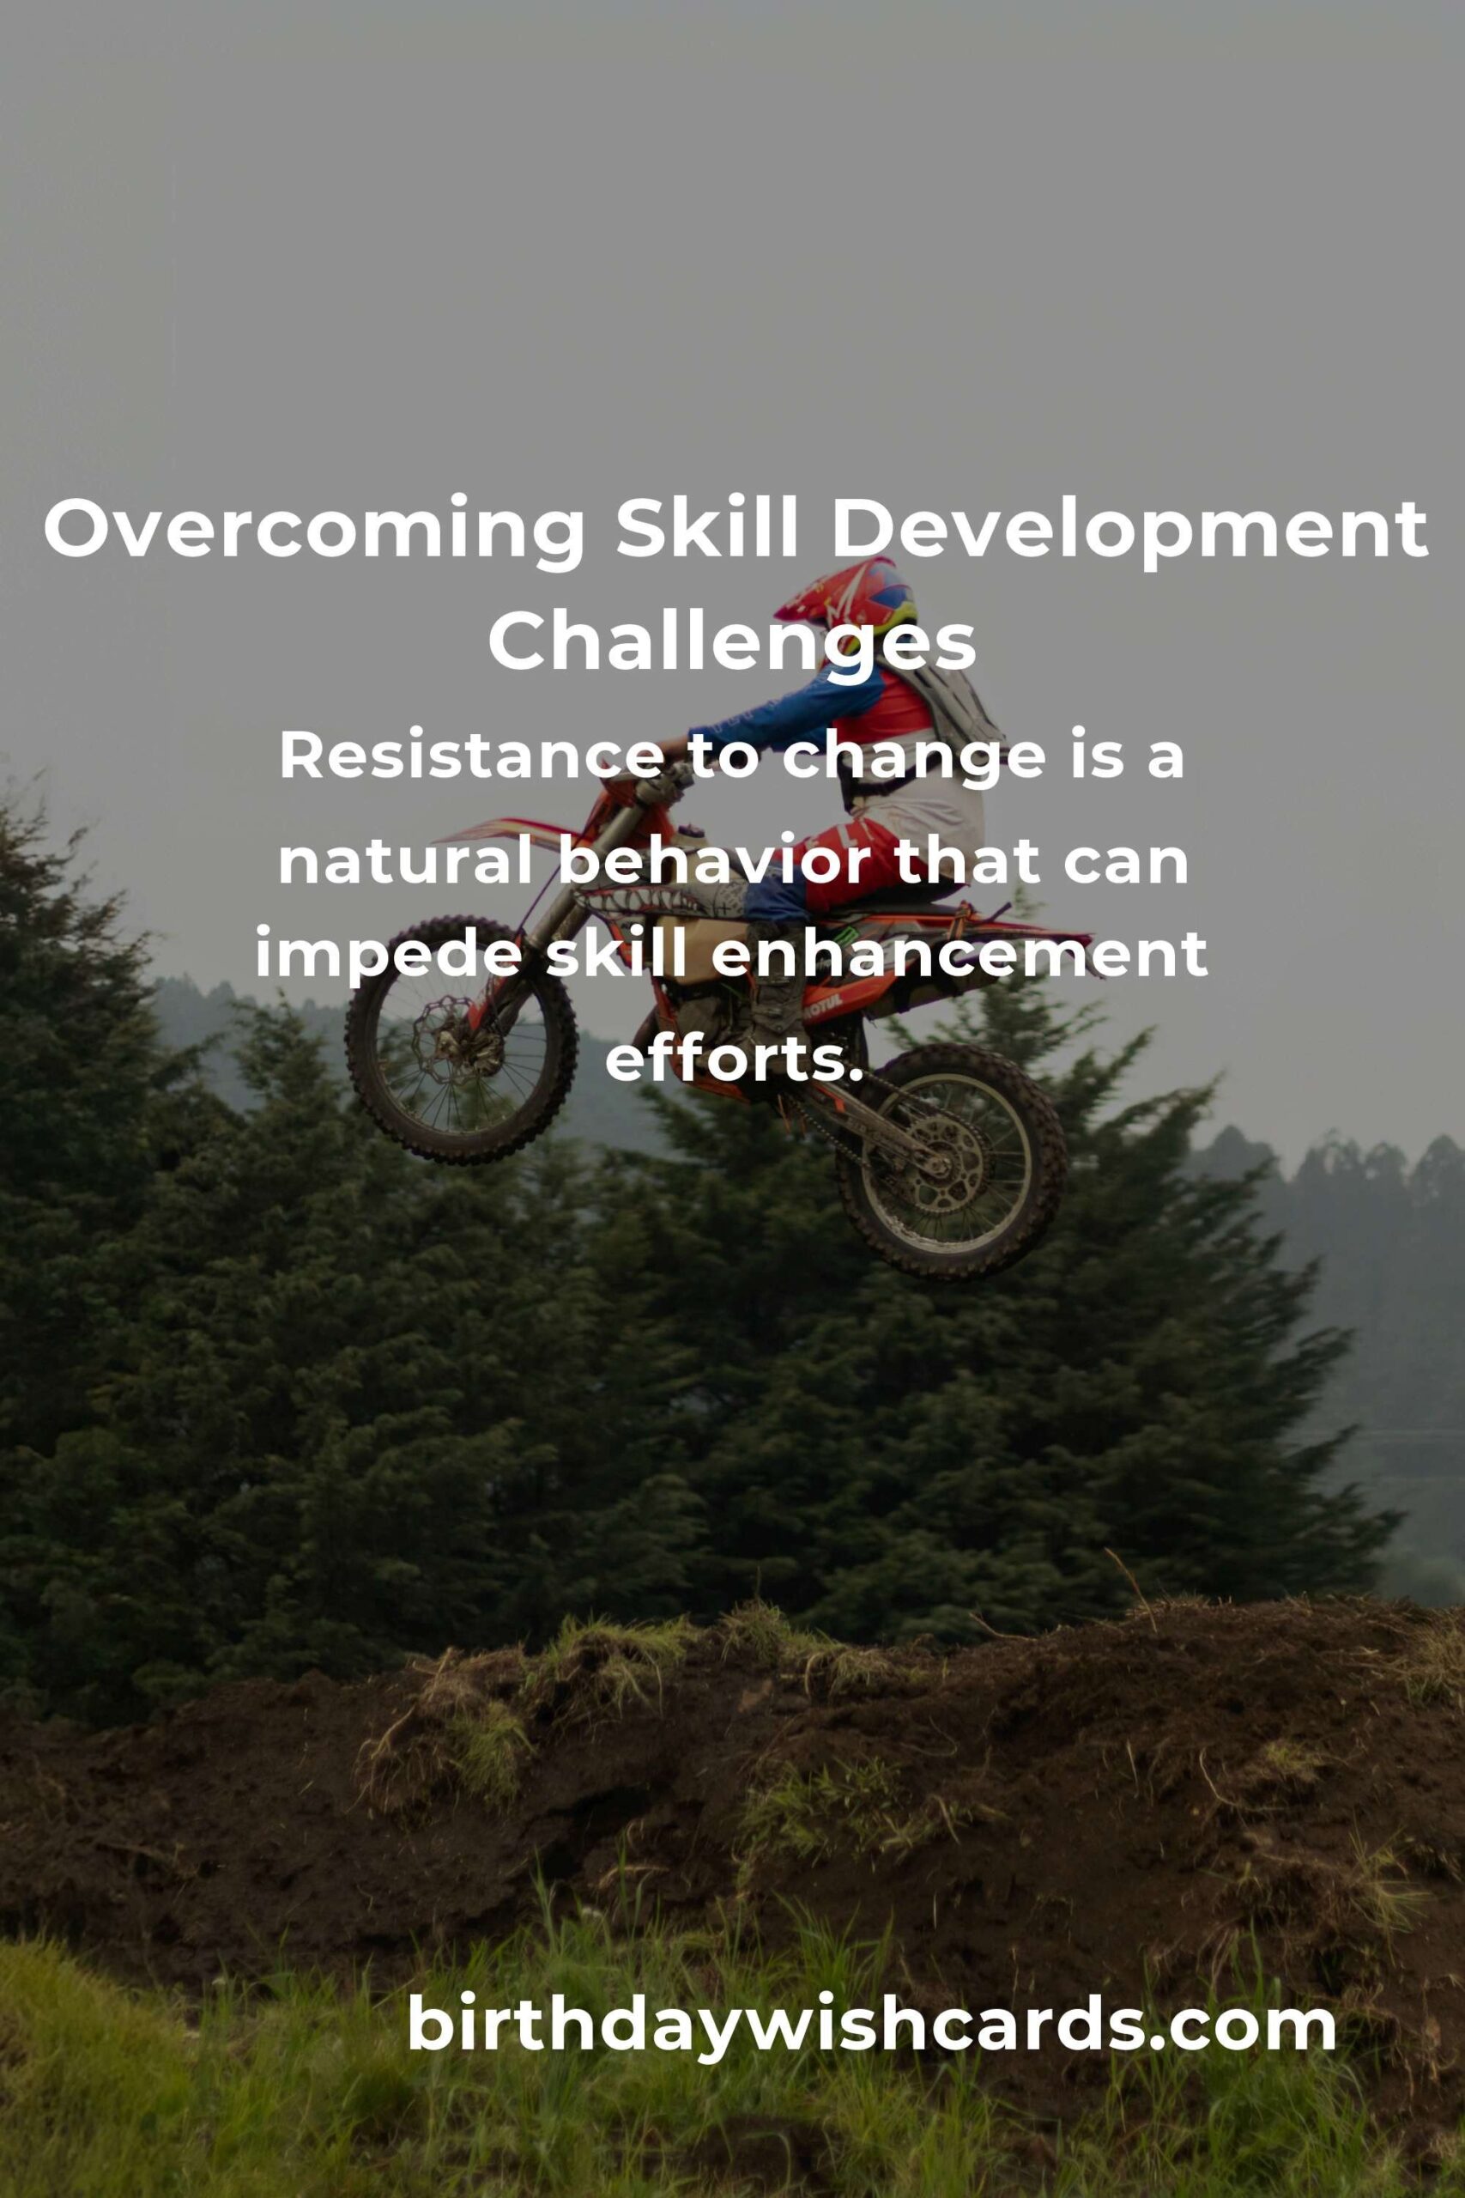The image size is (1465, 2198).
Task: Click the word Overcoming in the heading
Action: click(x=314, y=531)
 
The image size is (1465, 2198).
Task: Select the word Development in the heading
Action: click(x=1129, y=531)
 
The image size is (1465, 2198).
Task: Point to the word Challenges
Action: click(x=731, y=645)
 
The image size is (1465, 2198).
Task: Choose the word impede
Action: click(x=385, y=960)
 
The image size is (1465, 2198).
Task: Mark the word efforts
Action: click(x=731, y=1060)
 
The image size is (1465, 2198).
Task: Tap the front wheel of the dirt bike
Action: click(x=461, y=1039)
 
